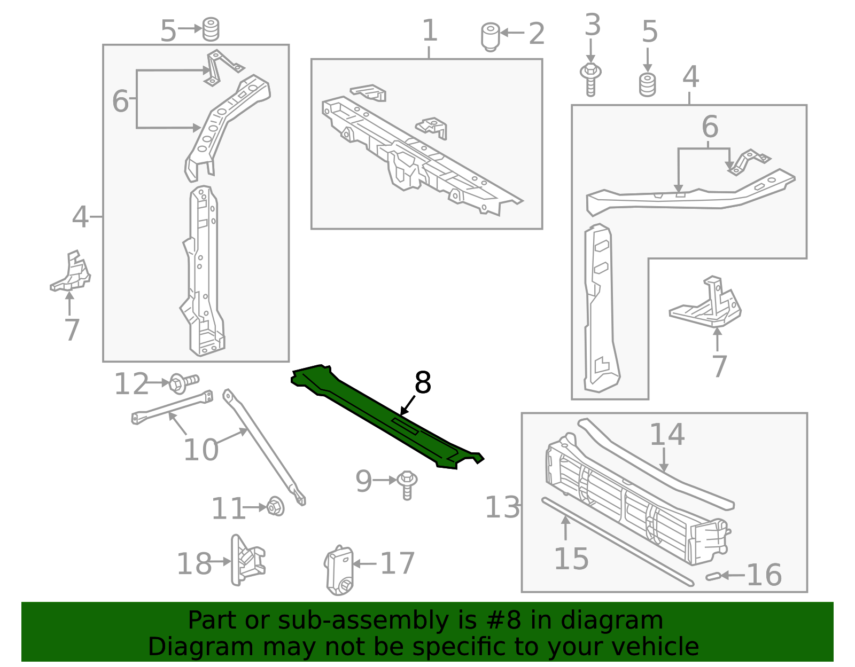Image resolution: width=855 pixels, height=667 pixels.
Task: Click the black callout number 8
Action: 423,383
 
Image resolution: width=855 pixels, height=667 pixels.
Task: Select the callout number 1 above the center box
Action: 430,31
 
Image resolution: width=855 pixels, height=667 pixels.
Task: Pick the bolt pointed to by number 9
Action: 407,484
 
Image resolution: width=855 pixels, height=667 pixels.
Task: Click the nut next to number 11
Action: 275,506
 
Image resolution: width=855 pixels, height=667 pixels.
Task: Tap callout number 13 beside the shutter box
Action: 502,507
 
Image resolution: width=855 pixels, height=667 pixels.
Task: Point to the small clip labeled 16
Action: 712,576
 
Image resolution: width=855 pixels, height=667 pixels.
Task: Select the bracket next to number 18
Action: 247,561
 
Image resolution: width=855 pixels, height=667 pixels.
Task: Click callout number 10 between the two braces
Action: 200,450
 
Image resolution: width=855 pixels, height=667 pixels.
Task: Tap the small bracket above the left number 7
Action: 71,273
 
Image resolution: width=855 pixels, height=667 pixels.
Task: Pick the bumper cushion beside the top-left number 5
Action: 211,29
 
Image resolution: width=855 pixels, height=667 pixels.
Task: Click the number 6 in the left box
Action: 120,101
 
